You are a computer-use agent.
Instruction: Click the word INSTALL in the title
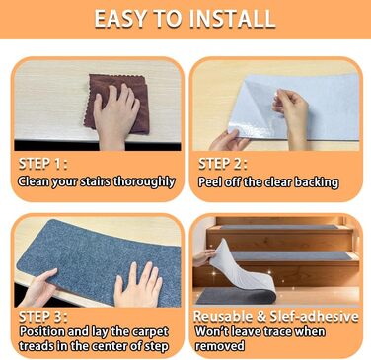coord(233,19)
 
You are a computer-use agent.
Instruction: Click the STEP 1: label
coord(43,164)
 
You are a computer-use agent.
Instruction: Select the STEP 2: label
coord(223,164)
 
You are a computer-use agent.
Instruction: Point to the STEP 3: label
coord(43,317)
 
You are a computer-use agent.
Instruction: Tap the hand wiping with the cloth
coord(115,116)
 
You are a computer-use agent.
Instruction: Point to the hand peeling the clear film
coord(292,113)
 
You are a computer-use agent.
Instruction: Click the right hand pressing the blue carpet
coord(138,284)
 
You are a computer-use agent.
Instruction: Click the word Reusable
coord(224,317)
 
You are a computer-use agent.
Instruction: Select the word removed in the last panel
coord(220,346)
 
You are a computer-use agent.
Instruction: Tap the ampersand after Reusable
coord(261,317)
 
